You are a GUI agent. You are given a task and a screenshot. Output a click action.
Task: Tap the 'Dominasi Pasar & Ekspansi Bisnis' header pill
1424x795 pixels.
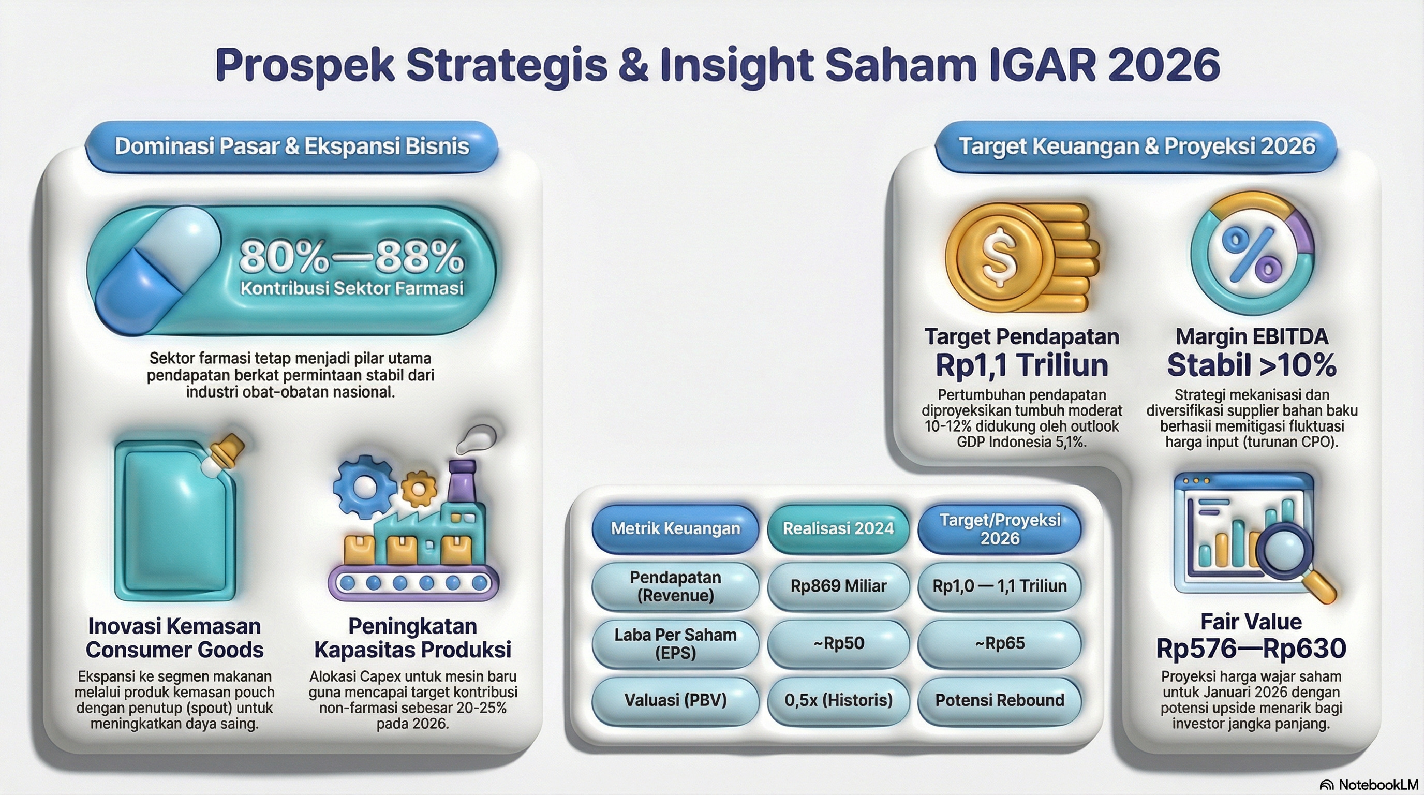291,146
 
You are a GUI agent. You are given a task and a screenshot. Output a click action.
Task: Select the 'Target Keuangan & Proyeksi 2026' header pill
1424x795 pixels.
1136,146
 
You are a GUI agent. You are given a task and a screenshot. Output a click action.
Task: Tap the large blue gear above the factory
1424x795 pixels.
364,486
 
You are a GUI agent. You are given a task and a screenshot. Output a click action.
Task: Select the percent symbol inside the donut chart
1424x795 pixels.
1252,254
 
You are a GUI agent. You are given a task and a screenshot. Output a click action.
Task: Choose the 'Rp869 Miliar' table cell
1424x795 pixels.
838,586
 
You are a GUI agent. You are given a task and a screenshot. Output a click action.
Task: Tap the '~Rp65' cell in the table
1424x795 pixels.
1000,643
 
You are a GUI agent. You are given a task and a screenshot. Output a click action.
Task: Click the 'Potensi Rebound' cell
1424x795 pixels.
1000,700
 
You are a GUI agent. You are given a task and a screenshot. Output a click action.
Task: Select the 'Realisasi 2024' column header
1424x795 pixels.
838,528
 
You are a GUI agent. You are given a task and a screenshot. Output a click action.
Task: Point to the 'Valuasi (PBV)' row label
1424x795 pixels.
675,700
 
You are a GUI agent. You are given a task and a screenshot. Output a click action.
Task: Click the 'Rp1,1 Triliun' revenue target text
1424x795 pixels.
1021,365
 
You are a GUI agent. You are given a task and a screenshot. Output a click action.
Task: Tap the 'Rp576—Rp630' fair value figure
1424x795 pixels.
1251,649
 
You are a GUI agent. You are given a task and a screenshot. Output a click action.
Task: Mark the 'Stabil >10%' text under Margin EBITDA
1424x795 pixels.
1252,365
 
